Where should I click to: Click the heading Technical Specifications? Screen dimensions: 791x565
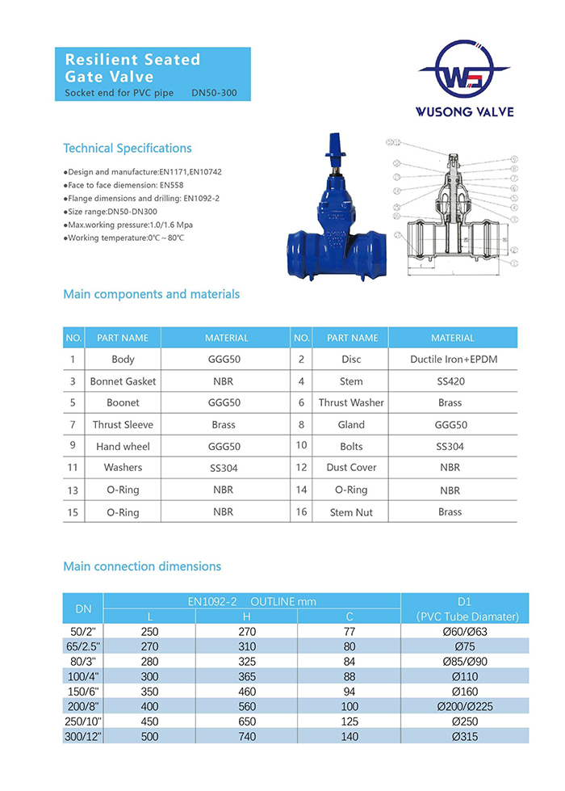(128, 149)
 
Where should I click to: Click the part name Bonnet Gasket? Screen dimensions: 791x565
(123, 381)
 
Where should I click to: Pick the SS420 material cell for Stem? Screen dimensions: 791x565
(450, 381)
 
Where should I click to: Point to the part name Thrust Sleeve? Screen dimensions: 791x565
(123, 425)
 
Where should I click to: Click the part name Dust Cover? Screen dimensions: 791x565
(351, 468)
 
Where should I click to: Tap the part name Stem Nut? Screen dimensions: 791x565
(351, 512)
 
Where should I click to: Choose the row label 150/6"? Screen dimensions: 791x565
(84, 692)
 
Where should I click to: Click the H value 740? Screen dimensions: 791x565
(247, 736)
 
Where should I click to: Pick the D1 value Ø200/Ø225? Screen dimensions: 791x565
(465, 706)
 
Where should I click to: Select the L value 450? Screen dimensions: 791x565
(150, 722)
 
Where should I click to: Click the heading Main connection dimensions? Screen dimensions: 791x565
(142, 566)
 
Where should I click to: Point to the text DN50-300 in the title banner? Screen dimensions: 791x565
(215, 94)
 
